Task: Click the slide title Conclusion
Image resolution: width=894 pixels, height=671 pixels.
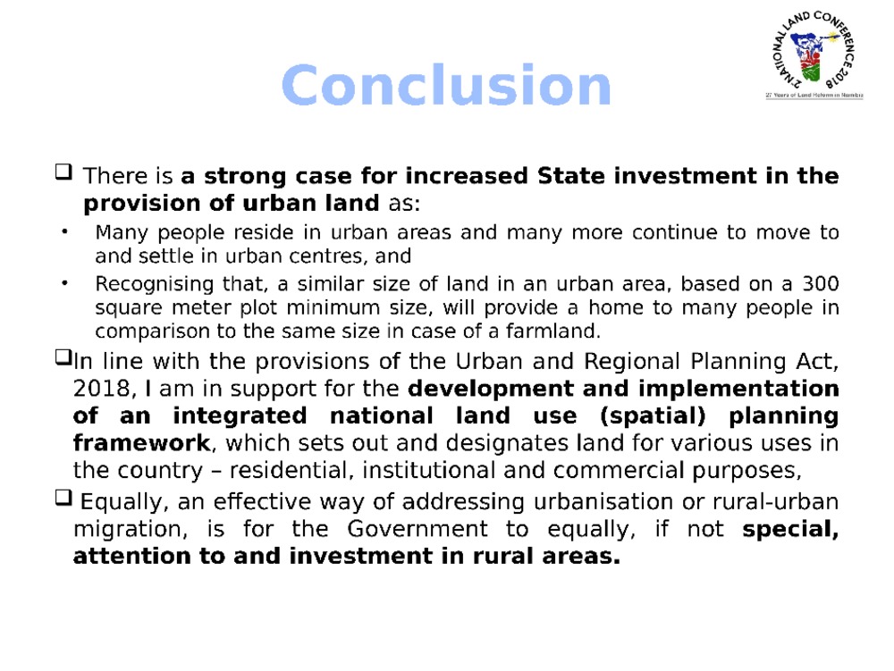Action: pos(446,86)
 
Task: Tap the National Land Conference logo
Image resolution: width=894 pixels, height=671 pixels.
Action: pos(814,55)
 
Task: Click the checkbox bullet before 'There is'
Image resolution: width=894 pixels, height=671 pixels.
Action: pos(63,172)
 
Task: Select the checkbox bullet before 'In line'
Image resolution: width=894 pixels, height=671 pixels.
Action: pos(63,357)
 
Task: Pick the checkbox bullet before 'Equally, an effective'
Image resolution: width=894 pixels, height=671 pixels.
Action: pos(63,498)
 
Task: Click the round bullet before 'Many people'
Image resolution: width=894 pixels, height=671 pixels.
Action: pos(64,231)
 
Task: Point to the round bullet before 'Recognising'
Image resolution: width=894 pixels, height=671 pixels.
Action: pos(64,283)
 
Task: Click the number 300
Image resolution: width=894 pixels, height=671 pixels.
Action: pos(821,283)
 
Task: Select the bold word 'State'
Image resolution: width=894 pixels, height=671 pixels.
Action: pos(570,175)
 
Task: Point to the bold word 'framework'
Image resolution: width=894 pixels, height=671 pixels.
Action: pos(141,442)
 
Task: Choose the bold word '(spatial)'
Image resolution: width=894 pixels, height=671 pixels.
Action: pos(654,415)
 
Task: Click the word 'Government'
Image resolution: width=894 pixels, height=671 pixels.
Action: pos(417,529)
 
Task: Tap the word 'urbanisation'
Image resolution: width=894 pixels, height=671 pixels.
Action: pos(603,501)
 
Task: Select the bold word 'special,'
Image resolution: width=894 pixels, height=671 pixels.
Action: pos(790,530)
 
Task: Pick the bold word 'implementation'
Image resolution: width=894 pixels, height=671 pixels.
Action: pos(739,390)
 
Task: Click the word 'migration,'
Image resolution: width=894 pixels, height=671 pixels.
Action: pos(130,530)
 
